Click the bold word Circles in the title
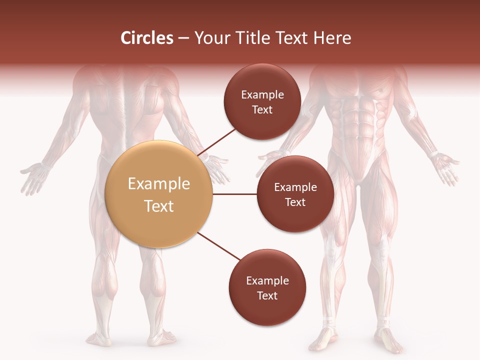click(x=147, y=38)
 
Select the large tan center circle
click(x=159, y=194)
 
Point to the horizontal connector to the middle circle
click(x=234, y=194)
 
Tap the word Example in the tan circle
click(x=159, y=184)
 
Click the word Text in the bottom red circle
click(x=267, y=295)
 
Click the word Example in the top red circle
click(x=262, y=94)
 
